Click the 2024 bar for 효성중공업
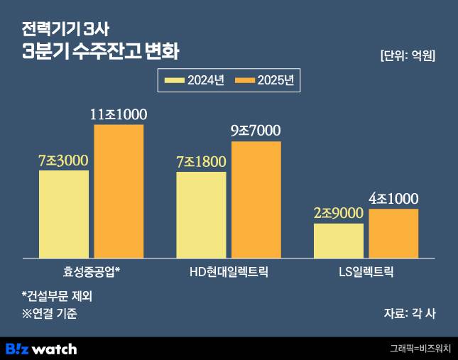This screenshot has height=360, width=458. [64, 213]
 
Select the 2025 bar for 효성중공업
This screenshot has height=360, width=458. [119, 190]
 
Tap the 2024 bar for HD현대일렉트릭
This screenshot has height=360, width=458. [201, 214]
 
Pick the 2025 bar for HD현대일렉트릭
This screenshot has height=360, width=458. [256, 199]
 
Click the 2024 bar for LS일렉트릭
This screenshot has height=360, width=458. [338, 240]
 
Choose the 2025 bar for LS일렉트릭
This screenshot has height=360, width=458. [393, 232]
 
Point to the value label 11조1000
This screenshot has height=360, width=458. [119, 114]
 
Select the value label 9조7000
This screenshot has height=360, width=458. [256, 131]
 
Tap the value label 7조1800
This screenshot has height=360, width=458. [201, 161]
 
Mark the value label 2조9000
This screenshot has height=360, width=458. [338, 213]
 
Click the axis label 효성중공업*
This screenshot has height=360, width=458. [92, 271]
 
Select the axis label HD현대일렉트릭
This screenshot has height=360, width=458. [229, 271]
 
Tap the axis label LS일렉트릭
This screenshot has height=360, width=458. [366, 271]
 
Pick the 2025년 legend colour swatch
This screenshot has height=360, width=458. [244, 80]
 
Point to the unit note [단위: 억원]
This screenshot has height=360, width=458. [407, 55]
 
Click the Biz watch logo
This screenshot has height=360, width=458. [40, 349]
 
